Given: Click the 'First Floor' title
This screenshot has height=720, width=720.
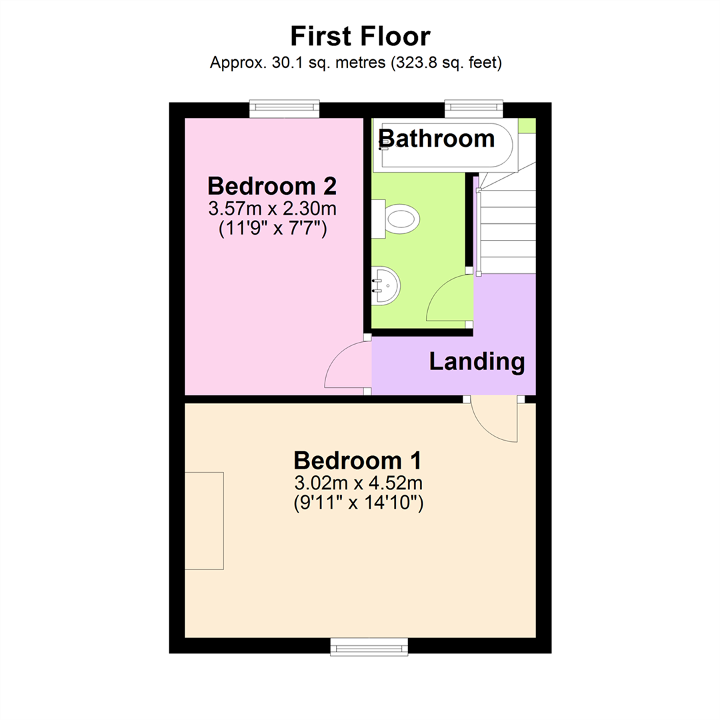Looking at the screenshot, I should pos(360,36).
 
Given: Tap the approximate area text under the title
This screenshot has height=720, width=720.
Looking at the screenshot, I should pos(356,63).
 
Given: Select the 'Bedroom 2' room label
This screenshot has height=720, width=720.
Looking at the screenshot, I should pos(272,185).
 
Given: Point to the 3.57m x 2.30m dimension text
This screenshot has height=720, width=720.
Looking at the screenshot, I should pos(272,209).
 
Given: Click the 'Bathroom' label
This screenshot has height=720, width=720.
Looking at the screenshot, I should pos(437,139).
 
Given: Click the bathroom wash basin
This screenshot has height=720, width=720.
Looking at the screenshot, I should pos(385,285).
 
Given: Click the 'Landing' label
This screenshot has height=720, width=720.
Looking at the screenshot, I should pos(477,362).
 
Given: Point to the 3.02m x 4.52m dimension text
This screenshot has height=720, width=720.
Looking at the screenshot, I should pos(359,483).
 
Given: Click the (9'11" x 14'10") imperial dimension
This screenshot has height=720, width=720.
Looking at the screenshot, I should pos(359,503).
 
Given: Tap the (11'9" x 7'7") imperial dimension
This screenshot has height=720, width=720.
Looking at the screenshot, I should pos(272,229).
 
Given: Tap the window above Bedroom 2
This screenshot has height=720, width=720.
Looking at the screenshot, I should pos(284,108).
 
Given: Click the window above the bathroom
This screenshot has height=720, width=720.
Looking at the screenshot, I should pos(474,108).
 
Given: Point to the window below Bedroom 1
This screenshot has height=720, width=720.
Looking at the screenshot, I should pos(369,645).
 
